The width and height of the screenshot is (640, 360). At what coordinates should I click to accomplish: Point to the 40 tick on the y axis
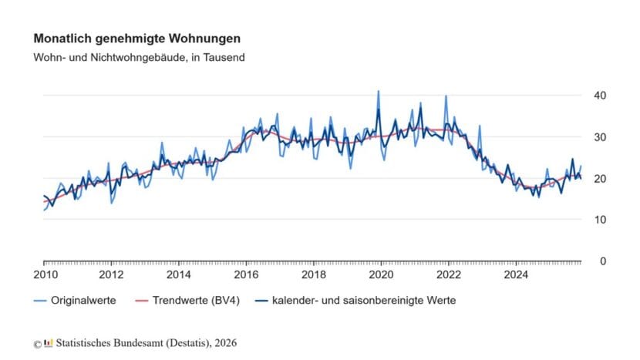tap(600, 95)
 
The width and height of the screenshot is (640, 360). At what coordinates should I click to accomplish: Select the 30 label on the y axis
tap(600, 136)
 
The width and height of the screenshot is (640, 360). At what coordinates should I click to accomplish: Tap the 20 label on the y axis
tap(600, 178)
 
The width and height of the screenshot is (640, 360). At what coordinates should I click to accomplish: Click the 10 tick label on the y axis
tap(600, 220)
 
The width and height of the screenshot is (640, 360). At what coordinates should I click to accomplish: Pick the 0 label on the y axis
tap(603, 261)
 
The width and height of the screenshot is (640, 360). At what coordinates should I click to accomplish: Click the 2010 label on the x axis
tap(44, 274)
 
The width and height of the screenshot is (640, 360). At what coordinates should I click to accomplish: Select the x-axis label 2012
tap(112, 274)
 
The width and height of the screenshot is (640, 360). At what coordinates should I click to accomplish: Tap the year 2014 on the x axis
tap(179, 274)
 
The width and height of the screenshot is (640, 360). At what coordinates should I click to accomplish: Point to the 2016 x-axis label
tap(246, 274)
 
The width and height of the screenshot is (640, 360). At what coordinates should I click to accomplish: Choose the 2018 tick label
tap(314, 274)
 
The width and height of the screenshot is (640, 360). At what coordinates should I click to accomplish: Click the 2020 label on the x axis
tap(381, 274)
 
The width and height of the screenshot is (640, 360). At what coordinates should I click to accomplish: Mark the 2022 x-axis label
tap(448, 274)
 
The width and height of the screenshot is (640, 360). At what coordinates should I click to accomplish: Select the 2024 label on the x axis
tap(516, 274)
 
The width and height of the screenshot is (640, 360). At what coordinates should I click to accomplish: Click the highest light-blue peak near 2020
tap(378, 92)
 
